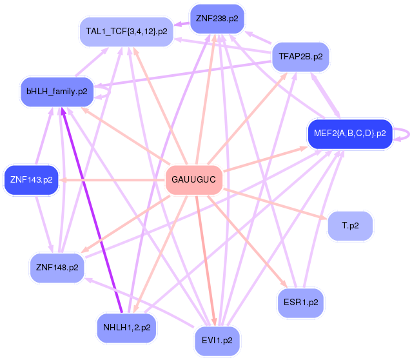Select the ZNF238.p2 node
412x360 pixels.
click(x=217, y=18)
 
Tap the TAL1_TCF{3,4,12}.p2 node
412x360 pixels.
click(x=126, y=31)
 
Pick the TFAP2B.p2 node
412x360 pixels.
click(x=300, y=57)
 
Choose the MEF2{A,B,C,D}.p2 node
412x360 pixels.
click(x=349, y=134)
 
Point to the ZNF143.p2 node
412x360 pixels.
click(x=31, y=180)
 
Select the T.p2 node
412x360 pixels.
click(x=350, y=226)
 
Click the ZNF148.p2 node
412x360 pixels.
click(x=57, y=267)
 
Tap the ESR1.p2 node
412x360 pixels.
click(x=300, y=301)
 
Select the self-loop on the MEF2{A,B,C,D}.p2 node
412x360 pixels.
click(x=404, y=134)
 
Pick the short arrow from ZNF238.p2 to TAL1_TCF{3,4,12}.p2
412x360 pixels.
click(x=181, y=26)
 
